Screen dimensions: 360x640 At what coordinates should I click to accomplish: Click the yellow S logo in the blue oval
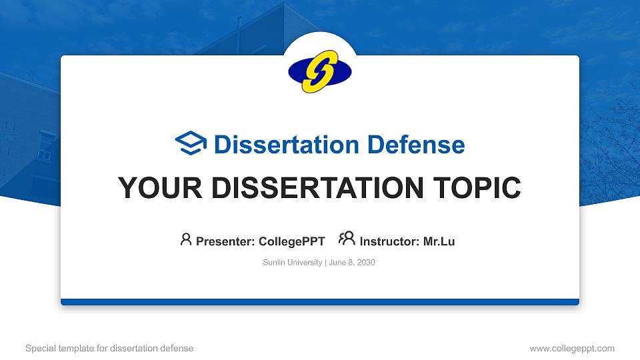(x=320, y=71)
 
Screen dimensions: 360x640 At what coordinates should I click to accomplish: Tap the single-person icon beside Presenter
(x=186, y=239)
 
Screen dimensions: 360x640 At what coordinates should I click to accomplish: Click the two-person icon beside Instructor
(x=347, y=239)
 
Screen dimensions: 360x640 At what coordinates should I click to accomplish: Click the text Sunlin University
(x=293, y=263)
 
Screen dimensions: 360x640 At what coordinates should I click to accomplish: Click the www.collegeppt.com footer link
(x=572, y=348)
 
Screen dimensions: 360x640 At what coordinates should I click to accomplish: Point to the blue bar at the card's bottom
(x=320, y=302)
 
